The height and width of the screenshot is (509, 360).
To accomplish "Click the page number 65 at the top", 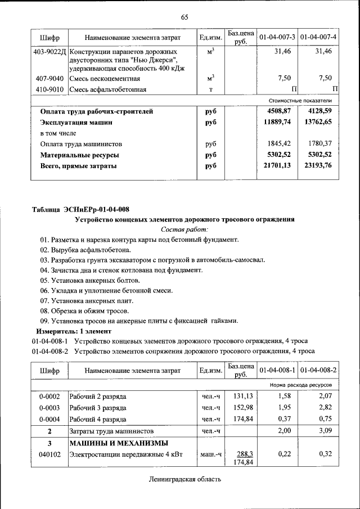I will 184,17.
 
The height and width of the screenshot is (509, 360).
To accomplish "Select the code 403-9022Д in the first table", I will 49,51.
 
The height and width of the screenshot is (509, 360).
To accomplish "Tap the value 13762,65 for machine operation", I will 317,121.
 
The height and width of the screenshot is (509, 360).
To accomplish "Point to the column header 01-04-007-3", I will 277,37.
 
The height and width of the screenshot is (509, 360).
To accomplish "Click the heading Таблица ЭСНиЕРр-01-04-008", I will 80,209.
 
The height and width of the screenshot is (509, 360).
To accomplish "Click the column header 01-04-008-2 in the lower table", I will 318,371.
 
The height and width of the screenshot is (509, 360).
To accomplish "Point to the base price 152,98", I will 241,408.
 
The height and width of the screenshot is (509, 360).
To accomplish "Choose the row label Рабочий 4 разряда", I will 97,419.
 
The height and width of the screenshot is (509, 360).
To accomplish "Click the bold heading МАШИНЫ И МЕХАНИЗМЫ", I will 111,443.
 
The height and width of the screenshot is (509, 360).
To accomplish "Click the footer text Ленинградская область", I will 185,480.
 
